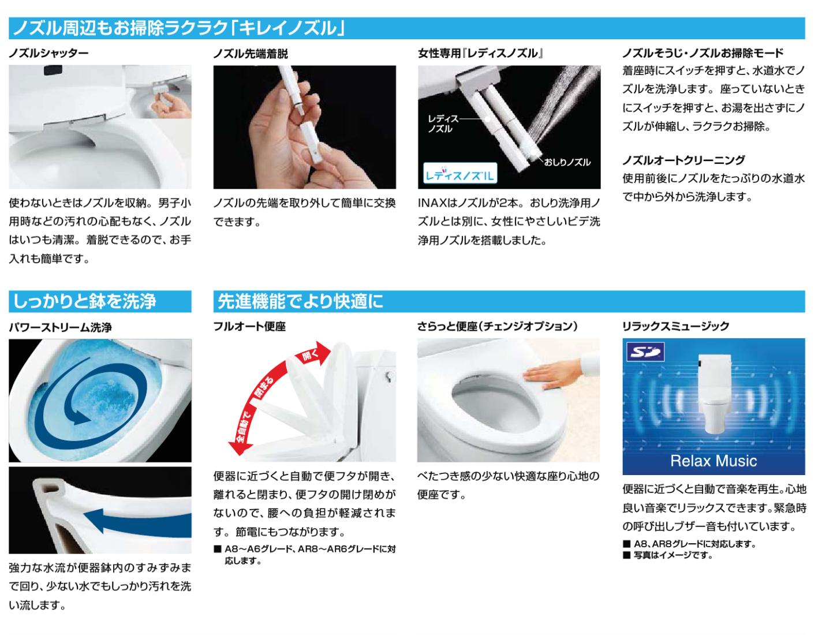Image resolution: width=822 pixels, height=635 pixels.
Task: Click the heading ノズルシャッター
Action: point(48,53)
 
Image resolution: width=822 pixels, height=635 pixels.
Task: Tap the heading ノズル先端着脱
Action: point(251,54)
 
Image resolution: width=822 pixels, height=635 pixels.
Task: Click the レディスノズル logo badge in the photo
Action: point(459,173)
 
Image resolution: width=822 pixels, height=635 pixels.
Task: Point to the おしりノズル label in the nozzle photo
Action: point(567,162)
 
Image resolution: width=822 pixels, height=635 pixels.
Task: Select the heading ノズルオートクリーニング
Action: point(683,160)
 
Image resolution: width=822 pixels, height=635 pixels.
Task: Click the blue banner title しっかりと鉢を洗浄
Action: point(84,301)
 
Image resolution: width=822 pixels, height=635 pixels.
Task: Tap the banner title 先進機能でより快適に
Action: point(300,301)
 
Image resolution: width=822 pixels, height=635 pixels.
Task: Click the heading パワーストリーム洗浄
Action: point(60,327)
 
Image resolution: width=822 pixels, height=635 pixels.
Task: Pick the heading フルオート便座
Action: point(249,326)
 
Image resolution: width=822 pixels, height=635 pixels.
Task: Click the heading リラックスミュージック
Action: point(675,326)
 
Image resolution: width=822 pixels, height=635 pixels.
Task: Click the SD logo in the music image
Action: point(645,352)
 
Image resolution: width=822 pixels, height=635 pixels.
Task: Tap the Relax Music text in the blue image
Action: point(713,461)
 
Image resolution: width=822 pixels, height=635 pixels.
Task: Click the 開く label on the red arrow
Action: point(310,356)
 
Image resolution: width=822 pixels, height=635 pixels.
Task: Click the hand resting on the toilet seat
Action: point(552,375)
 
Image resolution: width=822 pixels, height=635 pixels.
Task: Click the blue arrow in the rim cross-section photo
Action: point(136,523)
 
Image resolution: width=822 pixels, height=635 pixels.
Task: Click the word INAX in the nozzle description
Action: point(432,203)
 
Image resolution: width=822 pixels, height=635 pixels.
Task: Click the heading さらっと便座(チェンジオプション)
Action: point(498,326)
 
